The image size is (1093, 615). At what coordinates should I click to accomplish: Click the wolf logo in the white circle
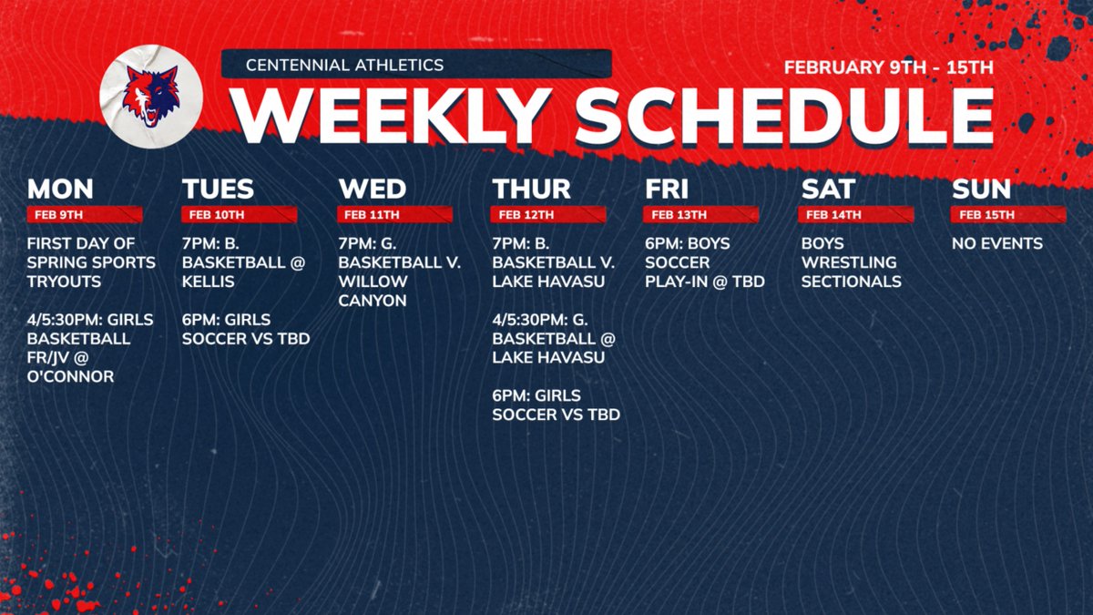151,94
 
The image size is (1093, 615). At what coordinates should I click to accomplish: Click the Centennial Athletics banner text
345,65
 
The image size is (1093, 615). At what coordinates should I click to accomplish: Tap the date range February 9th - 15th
888,67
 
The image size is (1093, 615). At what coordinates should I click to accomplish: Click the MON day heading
60,189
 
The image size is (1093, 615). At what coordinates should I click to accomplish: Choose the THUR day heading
532,189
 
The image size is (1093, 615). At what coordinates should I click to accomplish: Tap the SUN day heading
982,189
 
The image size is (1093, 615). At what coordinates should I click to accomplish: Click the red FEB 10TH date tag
217,215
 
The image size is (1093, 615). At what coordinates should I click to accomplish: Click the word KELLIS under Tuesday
209,282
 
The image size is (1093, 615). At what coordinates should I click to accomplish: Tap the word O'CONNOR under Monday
70,376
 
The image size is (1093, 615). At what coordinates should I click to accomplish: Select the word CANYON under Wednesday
373,301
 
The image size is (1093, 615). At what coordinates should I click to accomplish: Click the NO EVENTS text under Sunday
997,243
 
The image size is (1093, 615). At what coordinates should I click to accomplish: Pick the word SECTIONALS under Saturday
851,282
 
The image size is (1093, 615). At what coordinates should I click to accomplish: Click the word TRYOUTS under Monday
63,282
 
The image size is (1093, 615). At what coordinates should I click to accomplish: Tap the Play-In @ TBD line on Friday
704,282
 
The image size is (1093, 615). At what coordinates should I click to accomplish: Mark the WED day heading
373,189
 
